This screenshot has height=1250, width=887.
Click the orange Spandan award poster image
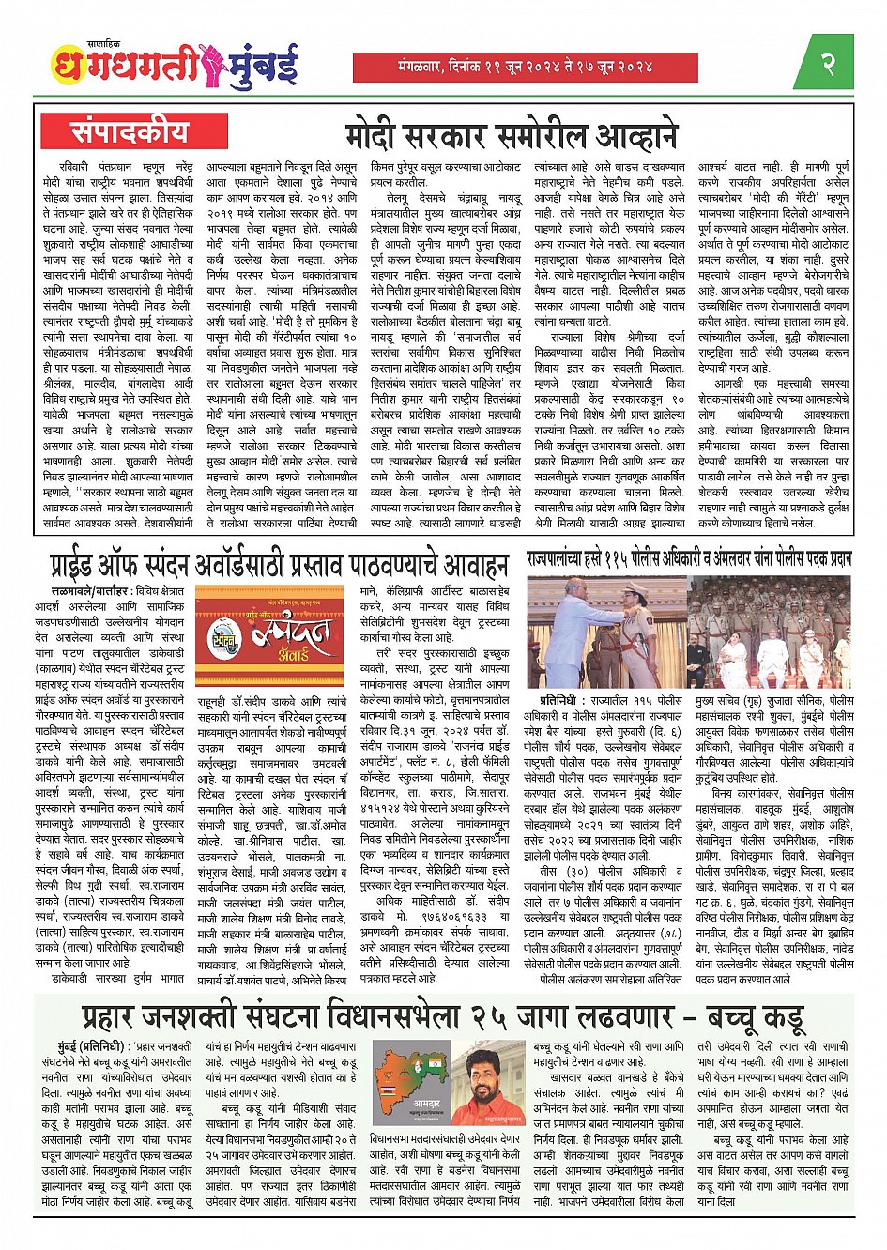point(269,636)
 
